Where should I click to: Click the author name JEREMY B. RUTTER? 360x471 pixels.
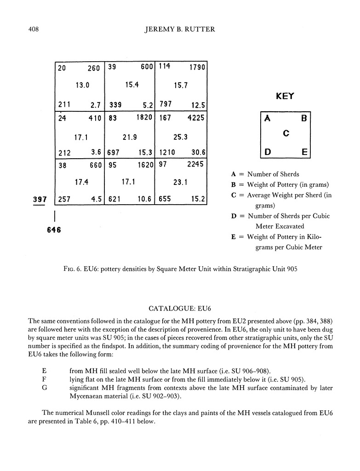pyautogui.click(x=180, y=30)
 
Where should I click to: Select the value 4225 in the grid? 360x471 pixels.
pyautogui.click(x=194, y=118)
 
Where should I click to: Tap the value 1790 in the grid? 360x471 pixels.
pyautogui.click(x=197, y=67)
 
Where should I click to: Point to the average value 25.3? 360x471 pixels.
pyautogui.click(x=180, y=137)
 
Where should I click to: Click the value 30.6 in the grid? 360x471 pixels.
pyautogui.click(x=196, y=152)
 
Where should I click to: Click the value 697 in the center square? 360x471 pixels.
pyautogui.click(x=114, y=152)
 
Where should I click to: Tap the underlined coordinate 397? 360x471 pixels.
pyautogui.click(x=40, y=199)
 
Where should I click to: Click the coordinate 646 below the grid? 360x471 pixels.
pyautogui.click(x=54, y=230)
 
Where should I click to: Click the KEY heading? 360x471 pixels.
pyautogui.click(x=285, y=97)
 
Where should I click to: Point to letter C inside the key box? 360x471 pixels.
pyautogui.click(x=286, y=133)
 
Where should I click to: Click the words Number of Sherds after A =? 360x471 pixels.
pyautogui.click(x=273, y=174)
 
